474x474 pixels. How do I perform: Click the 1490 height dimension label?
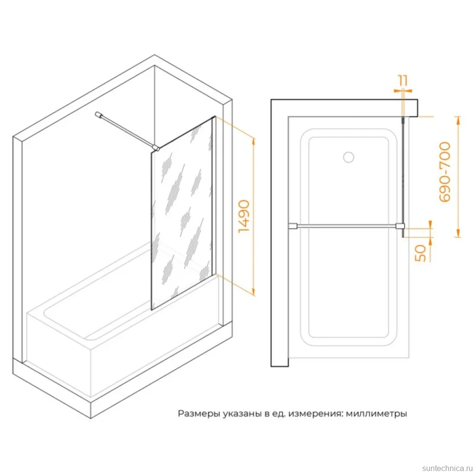pyautogui.click(x=244, y=216)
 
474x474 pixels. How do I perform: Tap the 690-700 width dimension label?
pyautogui.click(x=445, y=172)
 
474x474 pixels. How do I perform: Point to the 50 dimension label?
pyautogui.click(x=421, y=253)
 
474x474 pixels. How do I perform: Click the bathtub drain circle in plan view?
pyautogui.click(x=348, y=157)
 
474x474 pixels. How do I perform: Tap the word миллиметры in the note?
pyautogui.click(x=376, y=413)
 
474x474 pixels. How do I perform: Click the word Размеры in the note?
pyautogui.click(x=199, y=413)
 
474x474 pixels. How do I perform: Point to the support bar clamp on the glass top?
pyautogui.click(x=156, y=148)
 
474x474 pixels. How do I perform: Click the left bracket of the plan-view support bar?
pyautogui.click(x=293, y=226)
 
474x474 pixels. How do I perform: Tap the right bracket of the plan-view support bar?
pyautogui.click(x=400, y=226)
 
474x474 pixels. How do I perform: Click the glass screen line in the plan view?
pyautogui.click(x=403, y=177)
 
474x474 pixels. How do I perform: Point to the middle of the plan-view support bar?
pyautogui.click(x=346, y=226)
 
